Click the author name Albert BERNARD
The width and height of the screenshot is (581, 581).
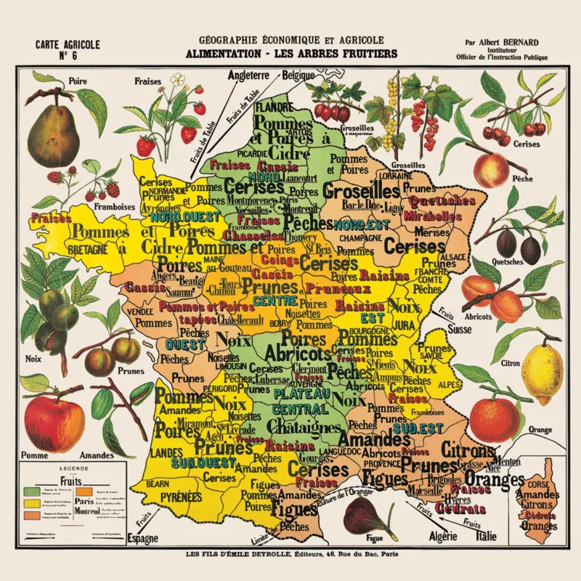504,41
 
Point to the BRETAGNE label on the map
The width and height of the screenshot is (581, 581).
87,248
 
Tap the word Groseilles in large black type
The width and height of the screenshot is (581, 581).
362,192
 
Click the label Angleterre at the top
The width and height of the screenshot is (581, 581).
248,75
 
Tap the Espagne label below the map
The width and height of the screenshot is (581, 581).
142,538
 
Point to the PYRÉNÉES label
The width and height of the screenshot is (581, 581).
176,497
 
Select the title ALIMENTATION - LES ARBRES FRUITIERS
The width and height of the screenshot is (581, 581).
290,53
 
